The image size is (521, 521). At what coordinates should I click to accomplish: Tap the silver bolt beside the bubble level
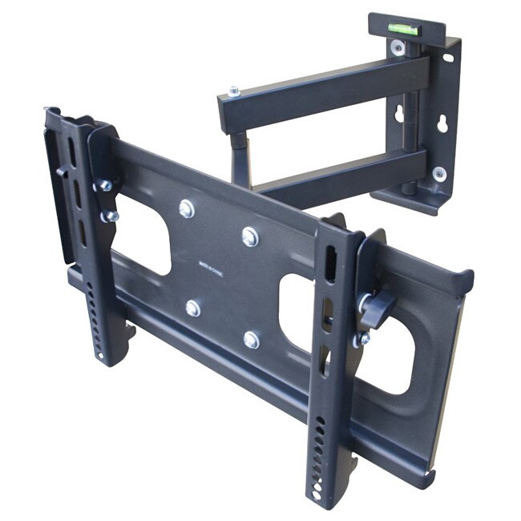point(398,46)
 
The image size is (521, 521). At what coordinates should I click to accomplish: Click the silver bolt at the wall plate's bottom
point(438,172)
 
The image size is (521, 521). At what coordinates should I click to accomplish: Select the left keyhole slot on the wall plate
point(399,113)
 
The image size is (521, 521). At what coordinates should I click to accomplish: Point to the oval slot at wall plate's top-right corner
point(447,58)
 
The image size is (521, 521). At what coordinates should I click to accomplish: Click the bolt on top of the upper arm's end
point(233,91)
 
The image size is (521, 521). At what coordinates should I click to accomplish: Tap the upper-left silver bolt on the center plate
point(187,208)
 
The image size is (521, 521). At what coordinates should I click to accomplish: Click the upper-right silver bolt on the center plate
point(250,236)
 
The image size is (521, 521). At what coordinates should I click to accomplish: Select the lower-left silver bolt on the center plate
point(193,308)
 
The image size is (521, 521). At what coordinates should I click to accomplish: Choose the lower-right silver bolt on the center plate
point(252,339)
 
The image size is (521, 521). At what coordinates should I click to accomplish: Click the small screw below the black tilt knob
point(363,338)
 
